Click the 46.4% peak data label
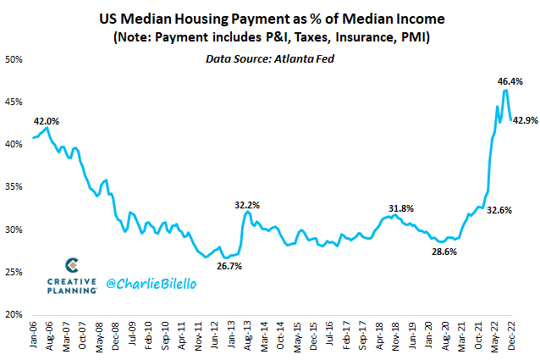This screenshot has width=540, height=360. tap(509, 81)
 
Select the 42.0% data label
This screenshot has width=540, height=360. tap(46, 121)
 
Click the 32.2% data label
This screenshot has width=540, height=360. tap(246, 204)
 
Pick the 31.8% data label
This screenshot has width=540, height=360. tap(401, 208)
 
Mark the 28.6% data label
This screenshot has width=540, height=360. tap(444, 252)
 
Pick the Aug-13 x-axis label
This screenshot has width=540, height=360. tap(247, 336)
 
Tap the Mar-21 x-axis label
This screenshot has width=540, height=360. tap(461, 336)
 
